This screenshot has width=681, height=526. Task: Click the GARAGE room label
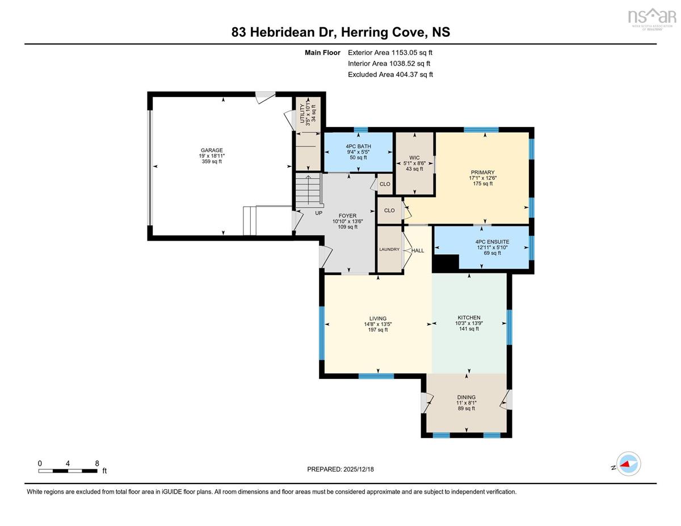(x=212, y=150)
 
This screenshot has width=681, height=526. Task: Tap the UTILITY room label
(x=302, y=114)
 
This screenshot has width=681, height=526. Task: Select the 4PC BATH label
(x=358, y=146)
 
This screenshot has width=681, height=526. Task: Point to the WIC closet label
(x=414, y=158)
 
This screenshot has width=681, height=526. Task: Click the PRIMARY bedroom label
(x=482, y=172)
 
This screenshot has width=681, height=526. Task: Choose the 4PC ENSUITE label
(x=492, y=242)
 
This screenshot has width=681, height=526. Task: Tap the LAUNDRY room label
(x=389, y=249)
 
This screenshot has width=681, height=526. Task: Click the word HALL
(x=418, y=251)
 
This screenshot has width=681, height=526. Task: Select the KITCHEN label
(x=469, y=318)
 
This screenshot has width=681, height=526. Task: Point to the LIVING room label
(x=378, y=319)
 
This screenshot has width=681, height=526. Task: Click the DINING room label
(x=466, y=397)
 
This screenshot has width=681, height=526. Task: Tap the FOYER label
(x=347, y=216)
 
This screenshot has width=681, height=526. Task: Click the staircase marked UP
(x=309, y=191)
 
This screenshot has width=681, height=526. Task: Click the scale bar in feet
(x=68, y=471)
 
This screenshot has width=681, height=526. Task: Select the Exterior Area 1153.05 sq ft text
(x=390, y=53)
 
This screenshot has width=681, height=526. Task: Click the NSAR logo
(x=652, y=19)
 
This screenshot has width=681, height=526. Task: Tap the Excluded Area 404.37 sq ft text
(x=390, y=74)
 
